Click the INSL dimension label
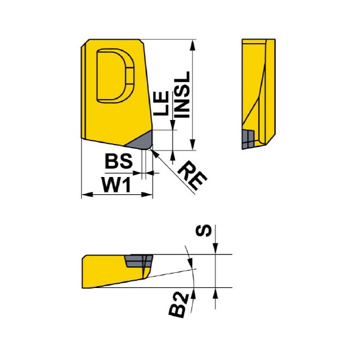coord(182,94)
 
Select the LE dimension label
coord(161,103)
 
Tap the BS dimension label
coord(119,161)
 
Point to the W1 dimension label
coord(116,185)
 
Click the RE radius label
coord(193,176)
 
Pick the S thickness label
coord(203,231)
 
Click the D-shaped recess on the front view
coord(115,76)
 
